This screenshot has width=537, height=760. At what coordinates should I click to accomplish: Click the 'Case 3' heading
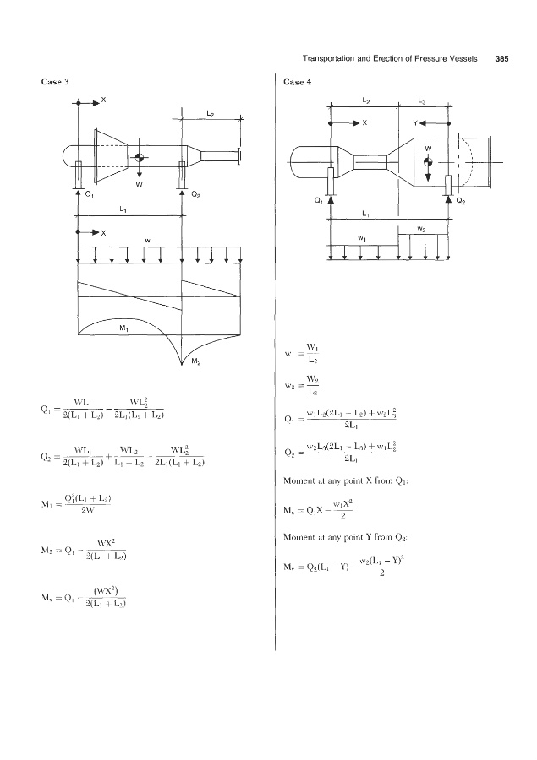coord(55,81)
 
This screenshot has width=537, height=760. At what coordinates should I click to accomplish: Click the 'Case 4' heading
coord(299,81)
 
